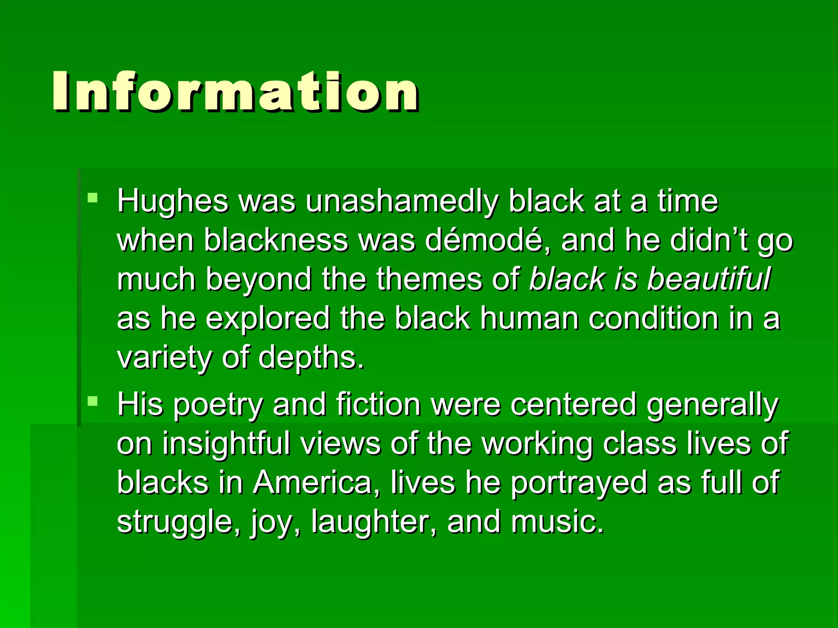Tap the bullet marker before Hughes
click(93, 198)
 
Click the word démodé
click(487, 240)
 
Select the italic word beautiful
click(709, 279)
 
